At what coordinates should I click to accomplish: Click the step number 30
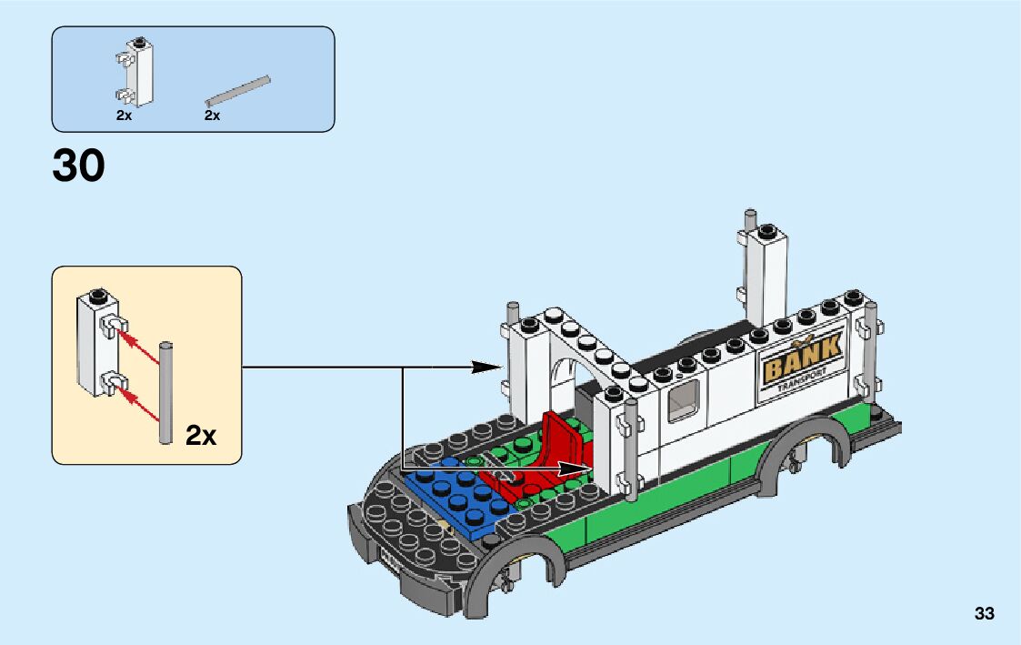tap(79, 166)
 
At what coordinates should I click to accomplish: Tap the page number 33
tap(984, 613)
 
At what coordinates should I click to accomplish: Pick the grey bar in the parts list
tap(238, 89)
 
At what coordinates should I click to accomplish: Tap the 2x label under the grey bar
tap(212, 116)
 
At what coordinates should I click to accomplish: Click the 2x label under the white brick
tap(125, 116)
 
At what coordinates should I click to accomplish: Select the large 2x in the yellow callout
tap(201, 435)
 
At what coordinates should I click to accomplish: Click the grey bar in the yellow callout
tap(165, 392)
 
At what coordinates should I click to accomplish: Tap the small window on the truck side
tap(683, 401)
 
